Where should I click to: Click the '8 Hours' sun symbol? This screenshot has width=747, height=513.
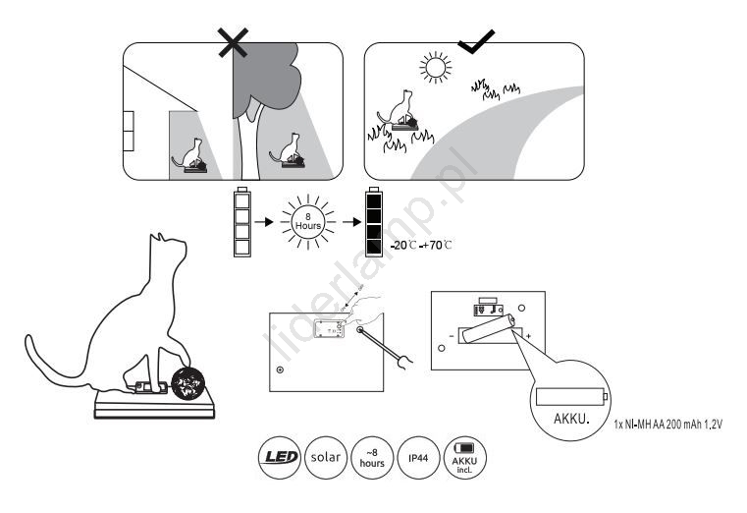point(307,221)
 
